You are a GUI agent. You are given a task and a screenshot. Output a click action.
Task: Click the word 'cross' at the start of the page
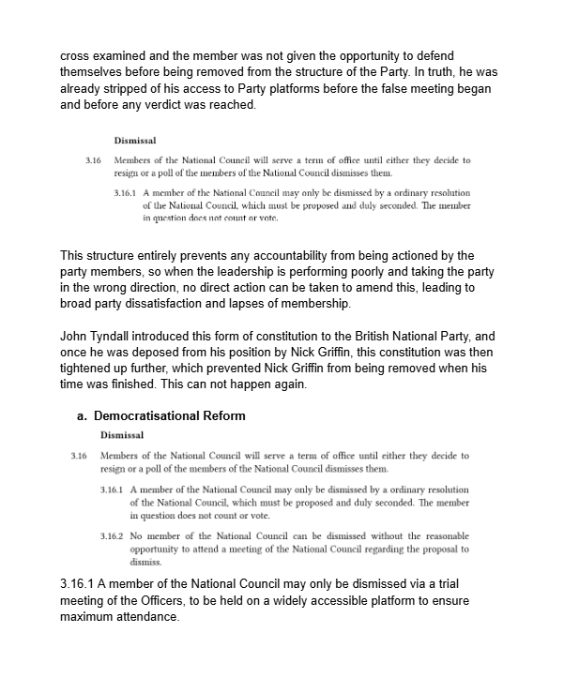(76, 56)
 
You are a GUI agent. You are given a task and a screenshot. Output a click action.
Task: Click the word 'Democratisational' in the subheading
(152, 415)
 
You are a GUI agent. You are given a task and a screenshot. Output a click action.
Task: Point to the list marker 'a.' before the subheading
(83, 415)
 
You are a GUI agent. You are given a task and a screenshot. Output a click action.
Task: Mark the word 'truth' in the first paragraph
(432, 73)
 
